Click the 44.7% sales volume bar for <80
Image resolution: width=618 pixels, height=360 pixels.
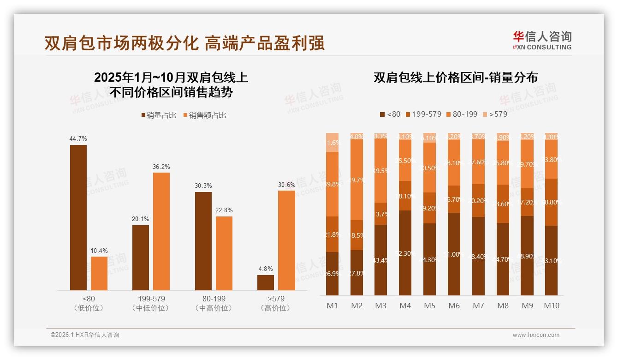coord(78,217)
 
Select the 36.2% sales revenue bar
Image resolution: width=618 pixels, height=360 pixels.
coord(161,231)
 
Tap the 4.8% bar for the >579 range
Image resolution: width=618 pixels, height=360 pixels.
coord(266,282)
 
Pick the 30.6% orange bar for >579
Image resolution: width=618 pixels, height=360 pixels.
coord(286,240)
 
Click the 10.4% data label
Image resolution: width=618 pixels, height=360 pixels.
coord(99,251)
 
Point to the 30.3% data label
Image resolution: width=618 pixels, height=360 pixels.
coord(203,186)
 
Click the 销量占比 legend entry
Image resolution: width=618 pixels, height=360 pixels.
coord(159,115)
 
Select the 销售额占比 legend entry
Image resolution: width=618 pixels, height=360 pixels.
coord(204,115)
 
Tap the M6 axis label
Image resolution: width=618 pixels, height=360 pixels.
coord(454,306)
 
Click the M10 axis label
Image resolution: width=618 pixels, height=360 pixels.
coord(552,306)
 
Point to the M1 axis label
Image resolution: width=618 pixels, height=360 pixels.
coord(332,306)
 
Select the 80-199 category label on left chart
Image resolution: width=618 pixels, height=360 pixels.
coord(214,299)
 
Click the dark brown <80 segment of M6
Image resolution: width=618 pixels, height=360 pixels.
coord(454,254)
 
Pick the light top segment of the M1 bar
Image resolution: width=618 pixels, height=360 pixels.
coord(332,142)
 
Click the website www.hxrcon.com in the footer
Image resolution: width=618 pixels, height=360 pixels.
coord(536,335)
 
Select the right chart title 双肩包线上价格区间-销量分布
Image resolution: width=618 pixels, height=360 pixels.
coord(456,78)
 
